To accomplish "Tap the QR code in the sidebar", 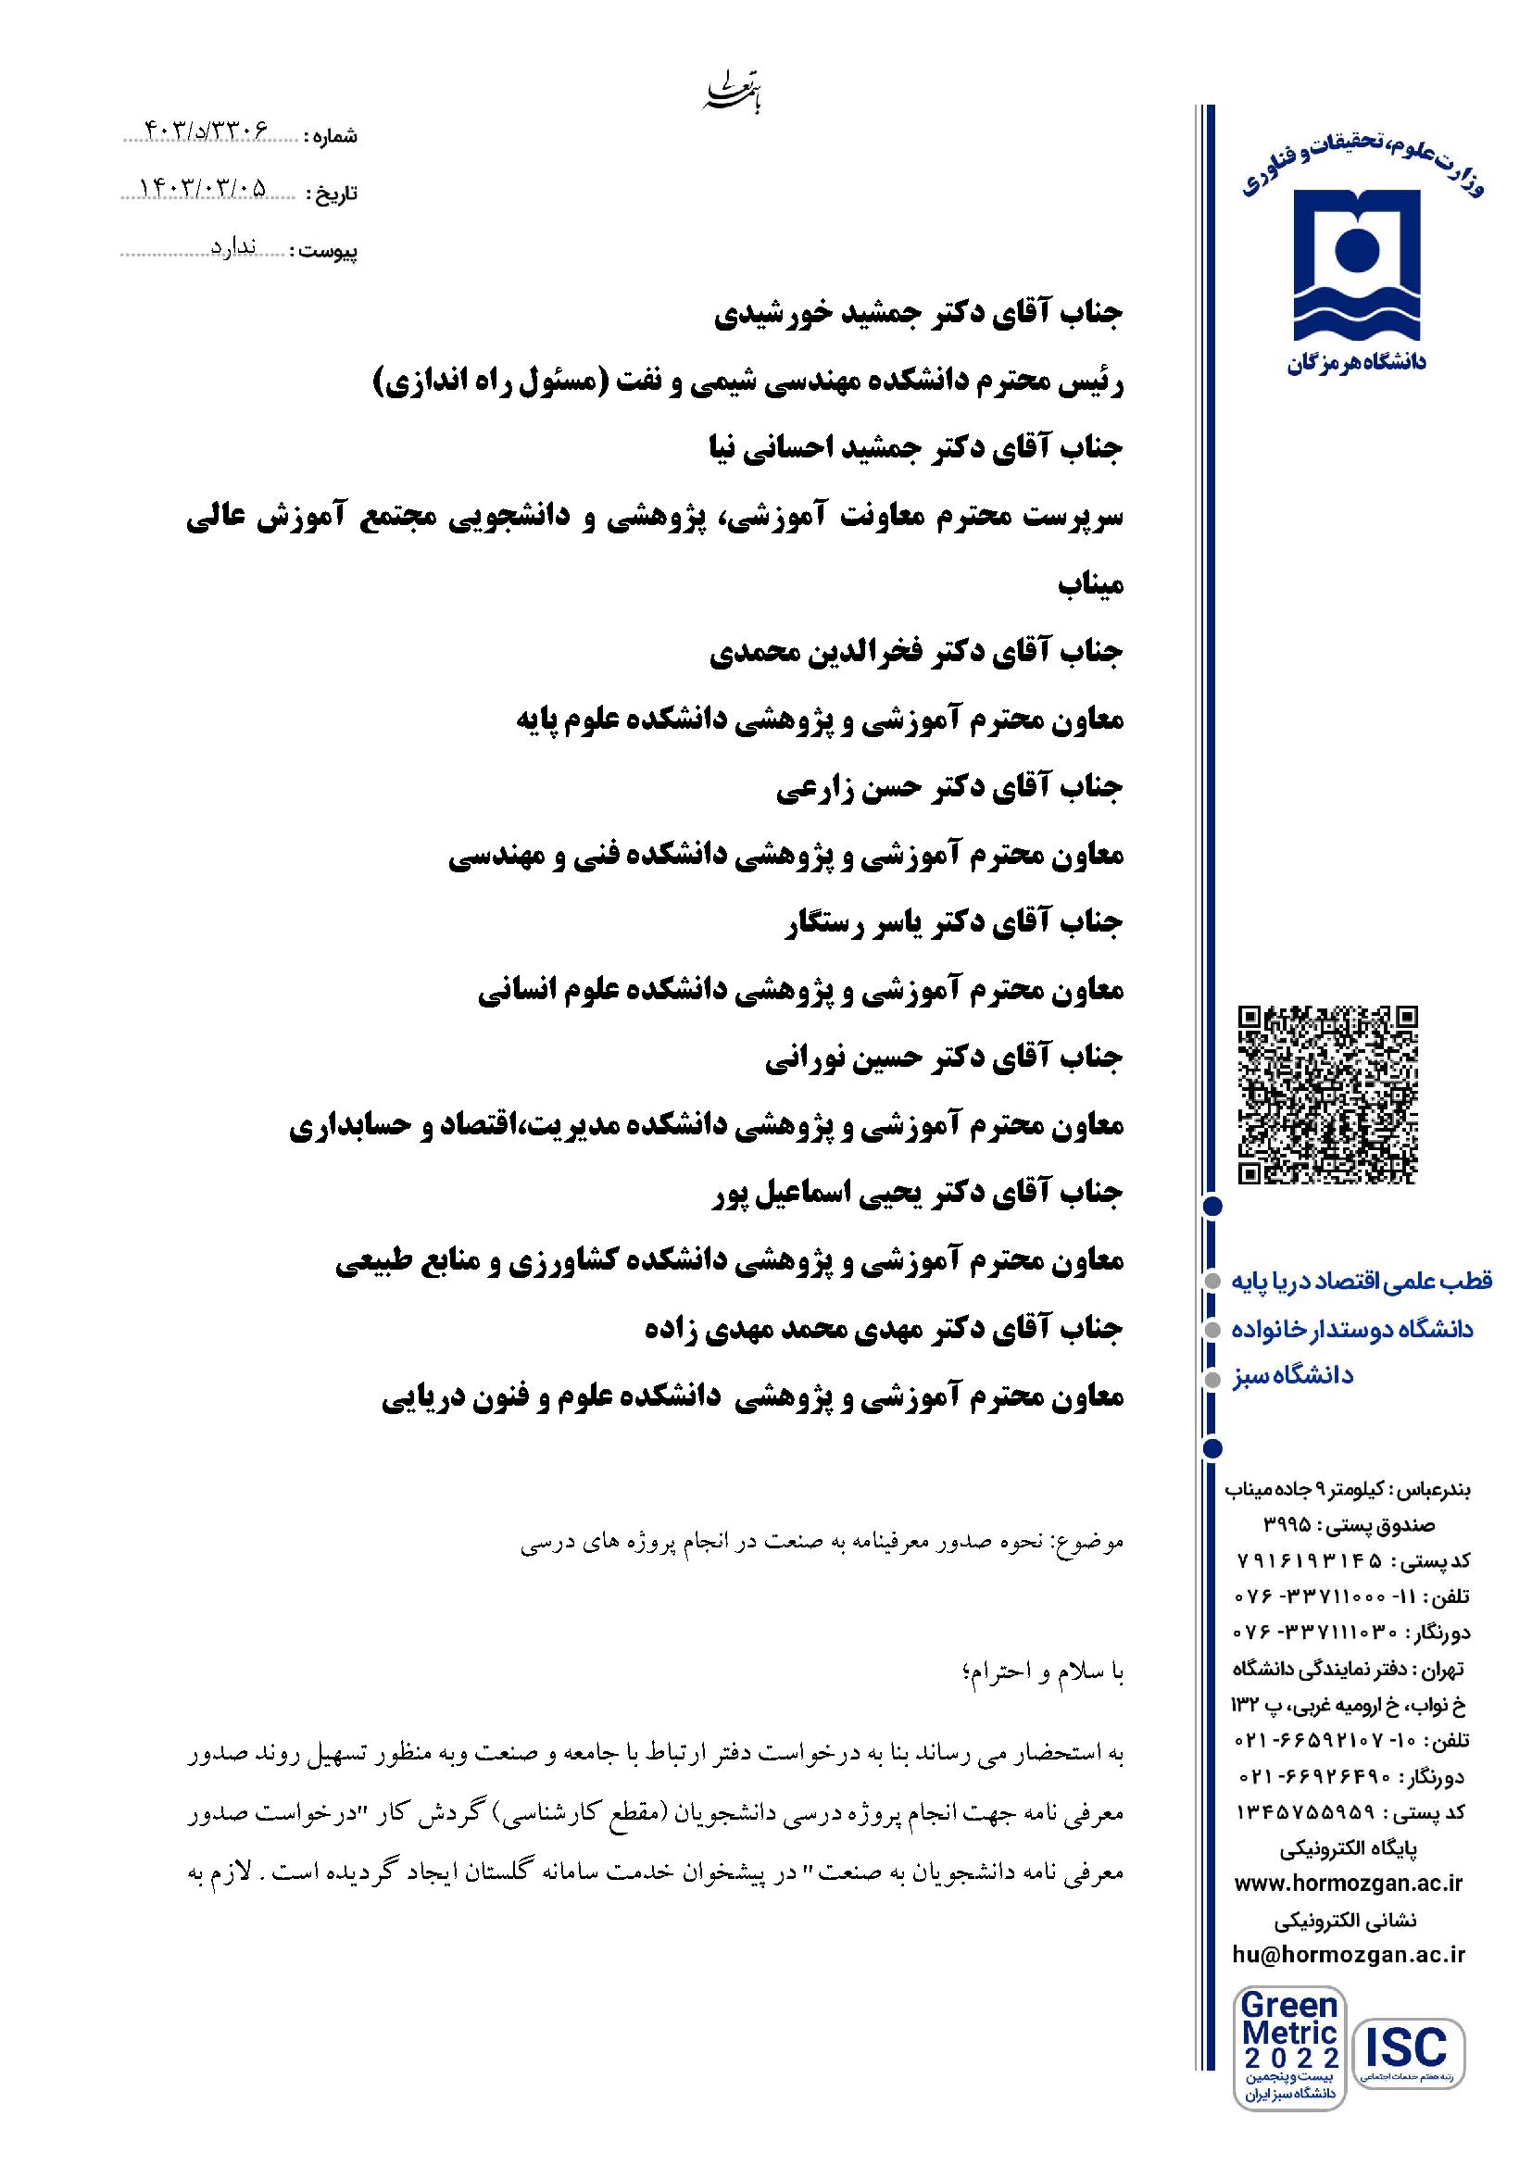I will click(1327, 1096).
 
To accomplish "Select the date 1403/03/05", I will click(204, 190).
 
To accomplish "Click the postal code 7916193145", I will click(1310, 1560).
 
